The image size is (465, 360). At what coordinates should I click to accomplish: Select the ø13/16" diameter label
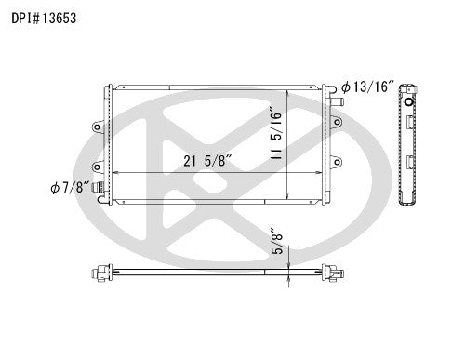[x=368, y=87]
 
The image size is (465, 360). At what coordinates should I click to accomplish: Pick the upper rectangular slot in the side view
[x=410, y=122]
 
